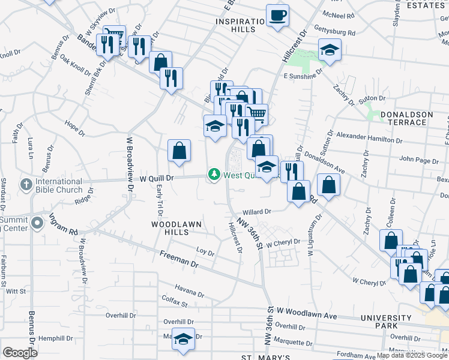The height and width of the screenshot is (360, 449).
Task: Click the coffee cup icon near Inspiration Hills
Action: (x=277, y=15)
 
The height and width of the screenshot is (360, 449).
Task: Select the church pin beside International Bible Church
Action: (x=26, y=183)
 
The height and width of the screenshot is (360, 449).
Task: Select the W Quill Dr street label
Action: (x=157, y=178)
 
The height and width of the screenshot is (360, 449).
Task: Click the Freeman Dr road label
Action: (x=179, y=259)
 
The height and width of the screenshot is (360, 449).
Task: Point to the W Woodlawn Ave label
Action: (x=308, y=315)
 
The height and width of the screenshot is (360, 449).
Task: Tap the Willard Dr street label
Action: (x=257, y=212)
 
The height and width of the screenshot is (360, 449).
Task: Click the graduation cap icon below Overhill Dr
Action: (x=184, y=338)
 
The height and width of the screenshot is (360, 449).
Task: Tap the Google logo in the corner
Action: (x=20, y=353)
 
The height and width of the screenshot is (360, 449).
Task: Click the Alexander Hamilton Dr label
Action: (x=369, y=137)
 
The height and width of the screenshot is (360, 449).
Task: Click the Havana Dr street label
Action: (x=190, y=293)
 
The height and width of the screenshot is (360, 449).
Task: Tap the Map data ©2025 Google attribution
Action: (x=412, y=355)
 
